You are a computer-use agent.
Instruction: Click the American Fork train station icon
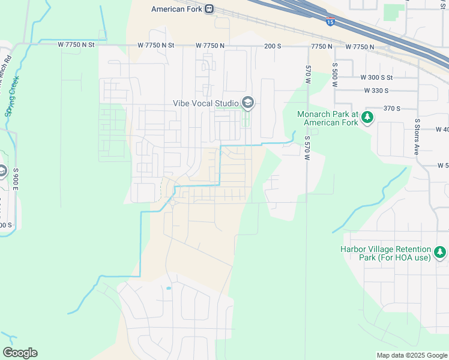(209, 9)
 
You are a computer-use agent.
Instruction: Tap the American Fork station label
(177, 9)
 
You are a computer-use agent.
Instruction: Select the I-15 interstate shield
(331, 22)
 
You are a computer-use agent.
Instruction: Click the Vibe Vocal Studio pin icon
(247, 103)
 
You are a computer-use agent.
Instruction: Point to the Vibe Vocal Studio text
(205, 103)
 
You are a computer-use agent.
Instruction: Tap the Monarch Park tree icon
(367, 118)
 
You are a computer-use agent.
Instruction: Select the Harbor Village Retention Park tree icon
(441, 253)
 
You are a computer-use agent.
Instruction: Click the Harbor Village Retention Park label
(386, 253)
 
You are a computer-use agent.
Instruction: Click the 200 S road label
(273, 46)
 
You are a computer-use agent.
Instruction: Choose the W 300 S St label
(376, 77)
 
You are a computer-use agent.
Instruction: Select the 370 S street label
(391, 108)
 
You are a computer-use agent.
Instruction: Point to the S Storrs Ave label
(417, 137)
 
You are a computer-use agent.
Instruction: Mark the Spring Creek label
(12, 96)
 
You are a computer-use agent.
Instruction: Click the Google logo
(20, 353)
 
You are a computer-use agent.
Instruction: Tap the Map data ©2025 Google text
(411, 355)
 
